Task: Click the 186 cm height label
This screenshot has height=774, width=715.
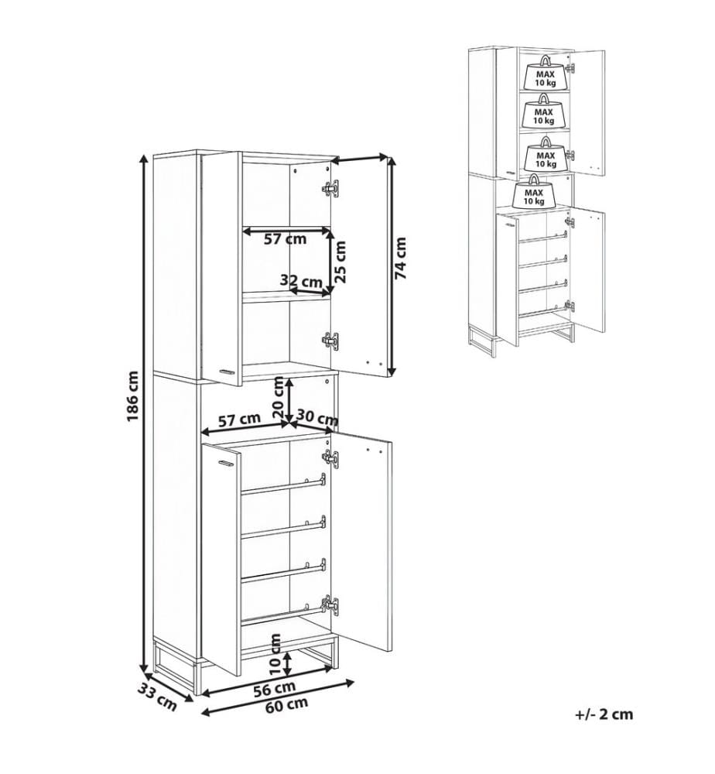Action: (132, 396)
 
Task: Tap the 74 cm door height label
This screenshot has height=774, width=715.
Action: (401, 259)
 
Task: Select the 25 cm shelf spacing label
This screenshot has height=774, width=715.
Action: (340, 261)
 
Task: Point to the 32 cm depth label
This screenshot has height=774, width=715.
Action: (301, 282)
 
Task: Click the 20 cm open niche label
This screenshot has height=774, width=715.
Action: (279, 398)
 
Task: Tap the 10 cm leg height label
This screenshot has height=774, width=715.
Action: (275, 655)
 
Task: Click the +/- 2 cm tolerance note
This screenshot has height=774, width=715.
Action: (604, 714)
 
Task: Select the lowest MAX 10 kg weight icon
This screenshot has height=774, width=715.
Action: (534, 191)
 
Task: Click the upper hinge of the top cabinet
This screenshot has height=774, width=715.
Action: (330, 188)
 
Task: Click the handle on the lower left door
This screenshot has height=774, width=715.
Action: (225, 463)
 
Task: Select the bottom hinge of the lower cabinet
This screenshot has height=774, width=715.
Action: (330, 605)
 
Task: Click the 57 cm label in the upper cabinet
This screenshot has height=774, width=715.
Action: (286, 239)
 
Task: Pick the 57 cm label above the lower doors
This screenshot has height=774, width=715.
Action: (239, 420)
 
